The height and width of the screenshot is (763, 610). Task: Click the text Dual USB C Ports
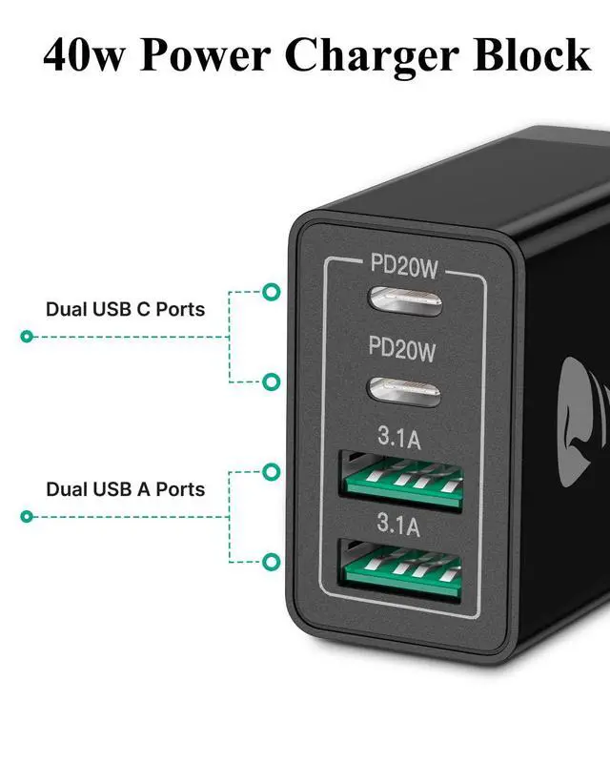click(125, 309)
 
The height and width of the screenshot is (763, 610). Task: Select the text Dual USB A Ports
click(125, 489)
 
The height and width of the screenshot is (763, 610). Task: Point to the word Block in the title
click(537, 55)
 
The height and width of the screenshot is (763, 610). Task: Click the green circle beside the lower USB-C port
click(272, 382)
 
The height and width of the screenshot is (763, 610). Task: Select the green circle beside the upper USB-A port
click(272, 471)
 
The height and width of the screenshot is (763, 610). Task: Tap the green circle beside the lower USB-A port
click(272, 561)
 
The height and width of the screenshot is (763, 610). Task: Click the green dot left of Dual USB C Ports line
click(27, 337)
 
